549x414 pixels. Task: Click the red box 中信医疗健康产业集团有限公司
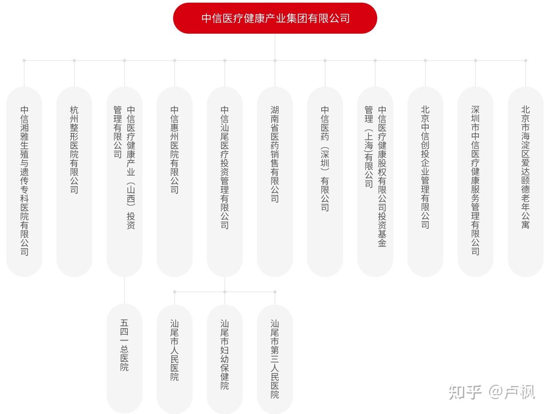(x=275, y=18)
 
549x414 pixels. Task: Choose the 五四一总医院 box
(x=124, y=358)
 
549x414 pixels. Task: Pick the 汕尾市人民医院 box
(x=174, y=358)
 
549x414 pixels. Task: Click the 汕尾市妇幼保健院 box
(x=225, y=358)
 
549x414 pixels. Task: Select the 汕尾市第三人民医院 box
(x=275, y=358)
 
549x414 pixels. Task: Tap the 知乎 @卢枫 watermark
(x=492, y=392)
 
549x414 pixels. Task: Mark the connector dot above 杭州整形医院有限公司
(x=74, y=60)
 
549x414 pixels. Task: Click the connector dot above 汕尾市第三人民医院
(x=275, y=292)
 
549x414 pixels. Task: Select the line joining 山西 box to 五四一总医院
(x=124, y=290)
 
